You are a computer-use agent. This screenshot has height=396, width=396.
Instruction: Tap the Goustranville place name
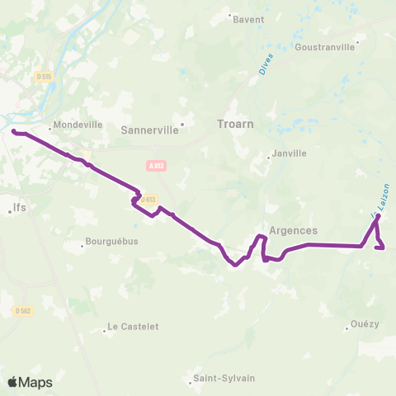pyautogui.click(x=326, y=47)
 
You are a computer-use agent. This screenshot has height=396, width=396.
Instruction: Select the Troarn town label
pyautogui.click(x=236, y=125)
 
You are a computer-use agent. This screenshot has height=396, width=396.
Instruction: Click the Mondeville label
pyautogui.click(x=79, y=126)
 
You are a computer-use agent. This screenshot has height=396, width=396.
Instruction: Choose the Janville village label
pyautogui.click(x=290, y=153)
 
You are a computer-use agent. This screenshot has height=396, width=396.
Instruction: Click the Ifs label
pyautogui.click(x=21, y=208)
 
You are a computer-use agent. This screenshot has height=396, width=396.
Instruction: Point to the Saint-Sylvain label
pyautogui.click(x=224, y=379)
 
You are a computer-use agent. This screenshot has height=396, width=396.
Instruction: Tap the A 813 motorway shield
pyautogui.click(x=155, y=165)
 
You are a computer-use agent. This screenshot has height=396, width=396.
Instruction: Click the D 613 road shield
pyautogui.click(x=148, y=199)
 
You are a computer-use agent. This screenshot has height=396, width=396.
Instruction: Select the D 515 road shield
pyautogui.click(x=45, y=77)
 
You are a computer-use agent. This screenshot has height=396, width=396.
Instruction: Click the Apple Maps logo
pyautogui.click(x=29, y=382)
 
